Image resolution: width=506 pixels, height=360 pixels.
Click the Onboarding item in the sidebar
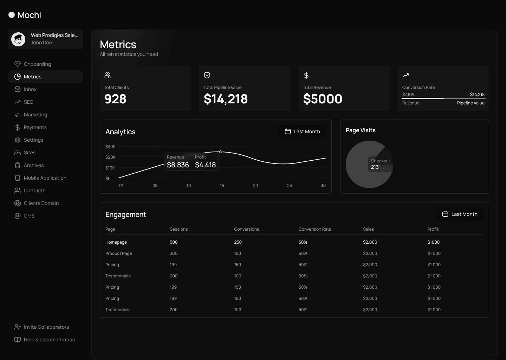[37, 64]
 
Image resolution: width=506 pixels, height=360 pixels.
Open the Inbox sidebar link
[30, 89]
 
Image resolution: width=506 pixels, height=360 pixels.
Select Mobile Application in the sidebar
[45, 178]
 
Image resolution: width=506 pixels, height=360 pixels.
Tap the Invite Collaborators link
[46, 327]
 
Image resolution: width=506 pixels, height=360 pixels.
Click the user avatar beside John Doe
[18, 39]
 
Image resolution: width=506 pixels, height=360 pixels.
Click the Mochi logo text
[29, 15]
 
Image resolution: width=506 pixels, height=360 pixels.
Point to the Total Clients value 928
[115, 99]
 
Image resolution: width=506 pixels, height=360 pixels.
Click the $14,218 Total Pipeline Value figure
[226, 99]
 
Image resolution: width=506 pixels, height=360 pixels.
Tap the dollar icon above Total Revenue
[306, 75]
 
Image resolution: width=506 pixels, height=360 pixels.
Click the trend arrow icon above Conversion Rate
[406, 75]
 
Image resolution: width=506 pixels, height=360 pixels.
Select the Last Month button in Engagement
[460, 214]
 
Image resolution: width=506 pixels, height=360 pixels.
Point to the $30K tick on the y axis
[110, 147]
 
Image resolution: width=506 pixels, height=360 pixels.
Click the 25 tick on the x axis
[289, 186]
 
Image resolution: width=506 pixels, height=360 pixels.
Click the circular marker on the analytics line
[221, 152]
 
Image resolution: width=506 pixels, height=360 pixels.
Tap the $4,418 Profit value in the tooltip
[205, 165]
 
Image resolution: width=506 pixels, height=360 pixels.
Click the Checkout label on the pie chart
[380, 161]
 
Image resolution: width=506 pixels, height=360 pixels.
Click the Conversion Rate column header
[315, 229]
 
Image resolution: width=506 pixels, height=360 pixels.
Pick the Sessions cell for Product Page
[174, 253]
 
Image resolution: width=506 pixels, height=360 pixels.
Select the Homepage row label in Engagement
[116, 242]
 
